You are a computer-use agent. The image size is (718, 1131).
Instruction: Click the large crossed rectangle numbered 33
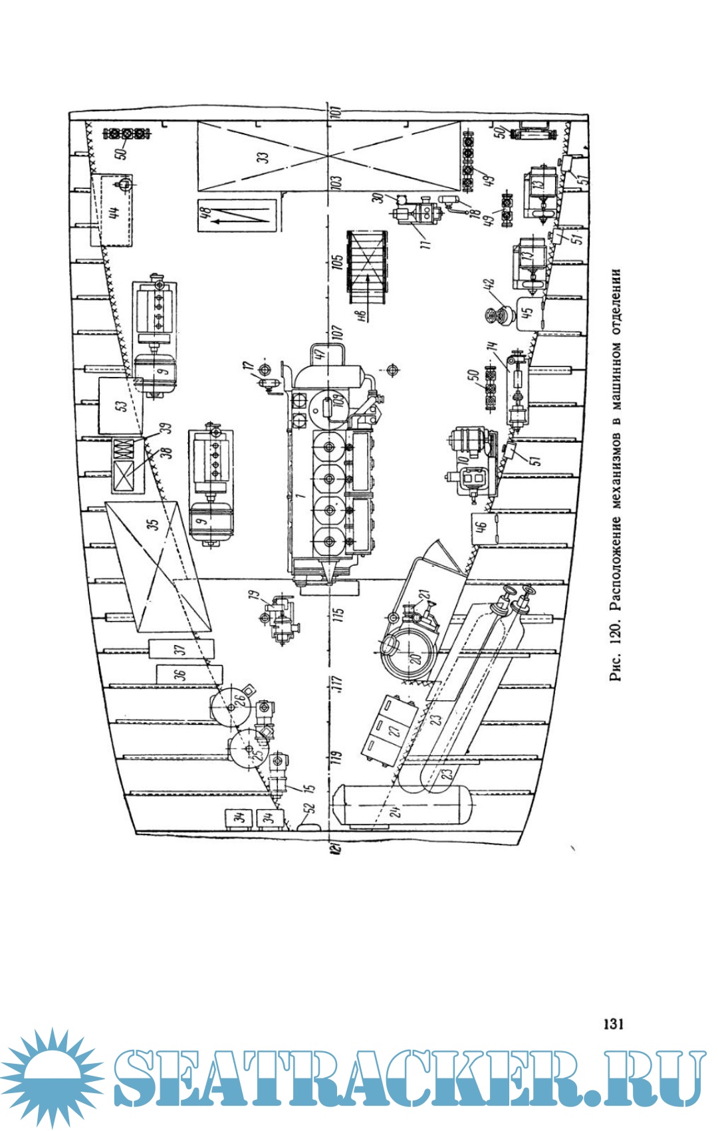(x=328, y=156)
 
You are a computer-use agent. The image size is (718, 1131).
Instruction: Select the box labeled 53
(x=120, y=406)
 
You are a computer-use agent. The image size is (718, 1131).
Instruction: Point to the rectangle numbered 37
(x=181, y=650)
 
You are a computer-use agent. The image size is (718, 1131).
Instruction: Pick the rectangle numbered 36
(x=181, y=674)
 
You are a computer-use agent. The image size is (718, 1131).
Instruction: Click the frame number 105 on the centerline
(x=337, y=262)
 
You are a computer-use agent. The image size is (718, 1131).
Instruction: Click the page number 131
(x=613, y=1023)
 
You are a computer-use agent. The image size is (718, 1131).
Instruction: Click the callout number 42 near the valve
(x=491, y=284)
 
